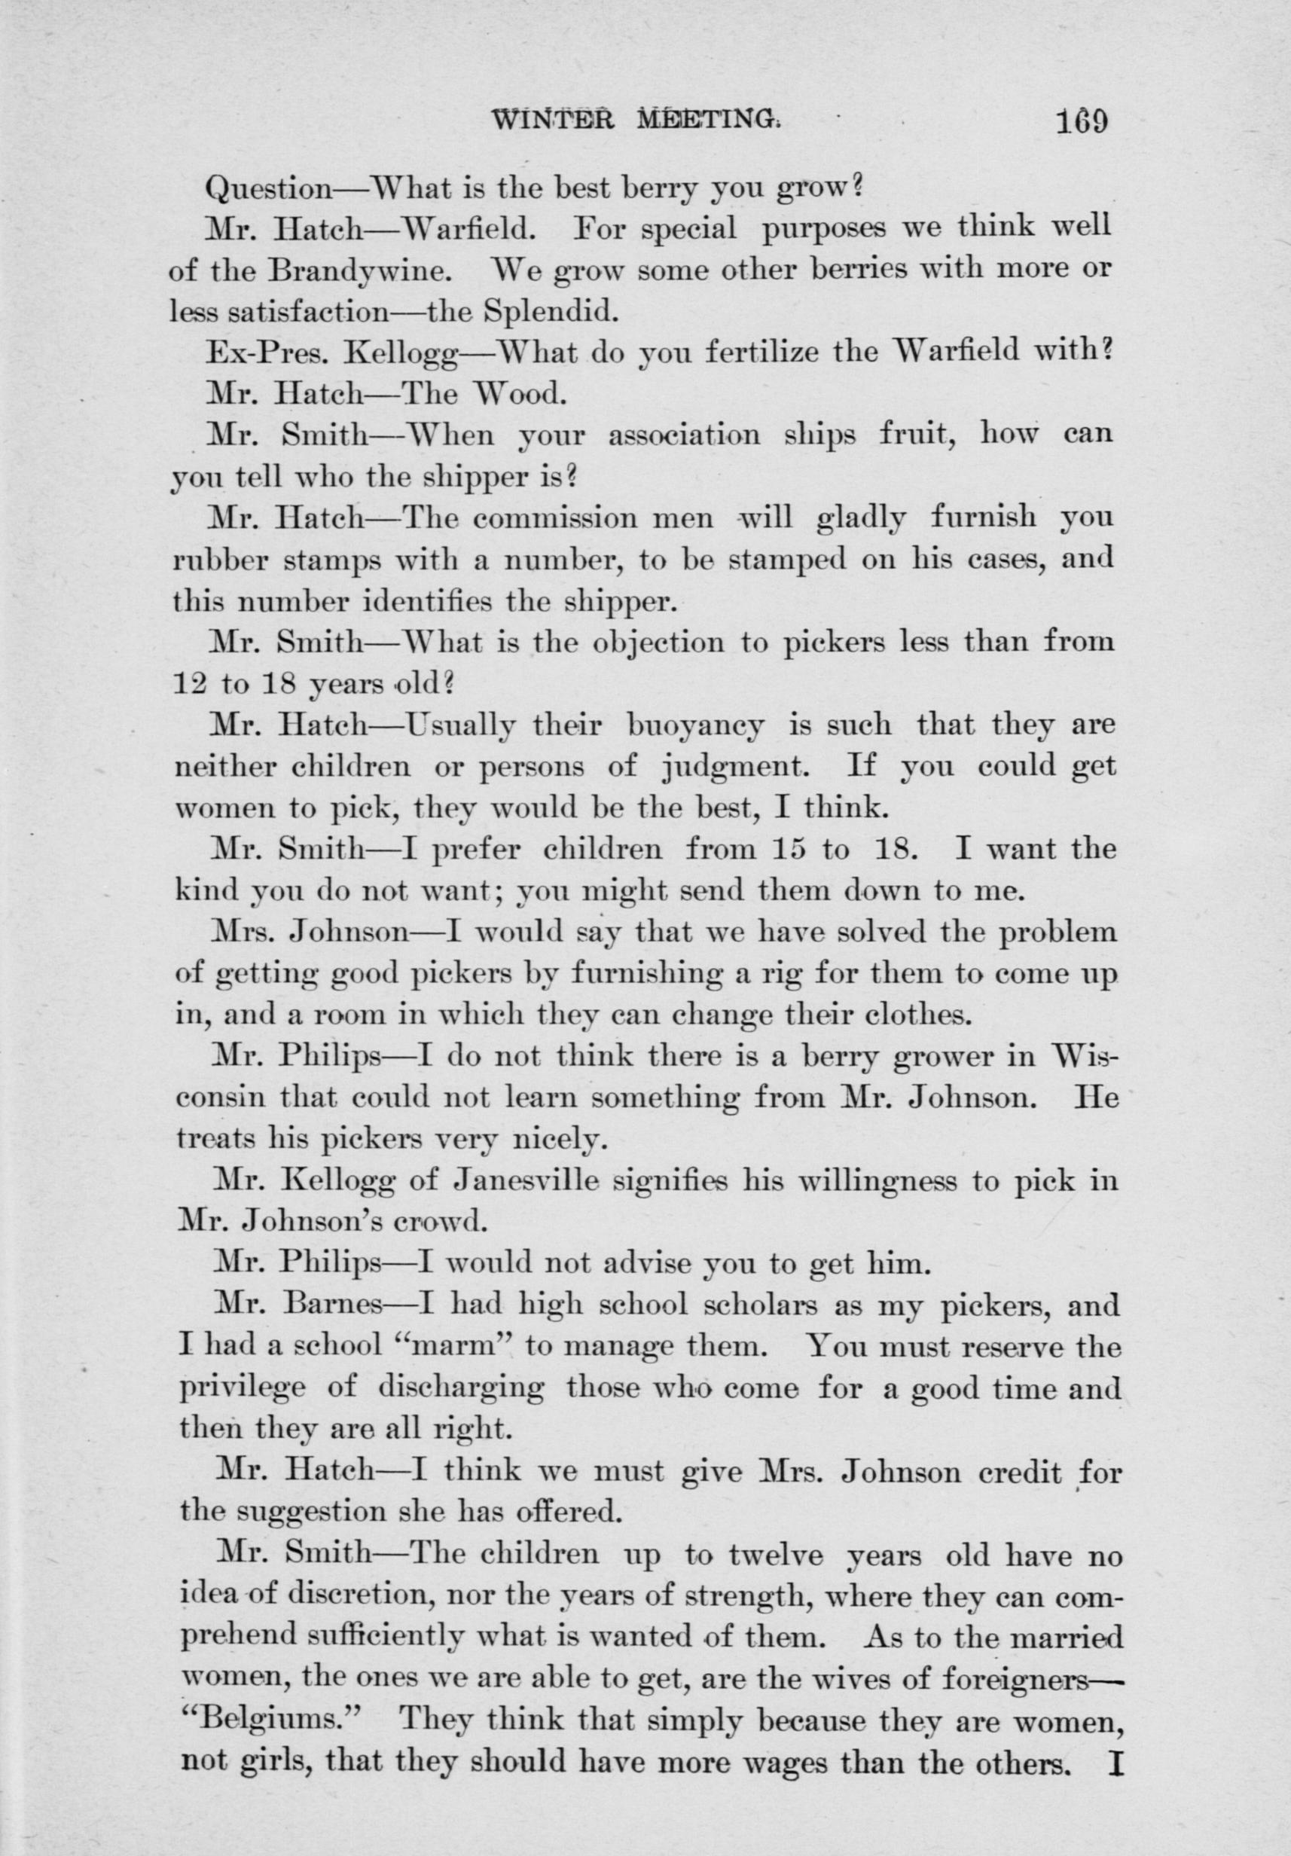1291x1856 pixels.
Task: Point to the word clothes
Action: pos(916,1015)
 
